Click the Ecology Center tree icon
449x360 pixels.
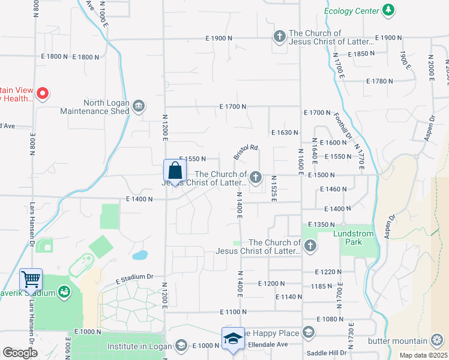[389, 10]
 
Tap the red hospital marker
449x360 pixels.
[43, 93]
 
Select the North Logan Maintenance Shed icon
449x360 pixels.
[139, 107]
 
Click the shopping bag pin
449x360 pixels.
[174, 170]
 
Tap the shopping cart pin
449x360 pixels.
[31, 279]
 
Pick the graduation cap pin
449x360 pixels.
[233, 338]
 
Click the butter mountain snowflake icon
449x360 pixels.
[439, 340]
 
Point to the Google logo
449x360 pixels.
[20, 353]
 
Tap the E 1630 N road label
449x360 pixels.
[285, 132]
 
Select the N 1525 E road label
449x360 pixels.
[273, 188]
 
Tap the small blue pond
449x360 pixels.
[140, 255]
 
